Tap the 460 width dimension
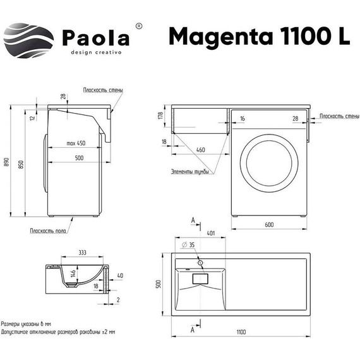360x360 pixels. point(200,150)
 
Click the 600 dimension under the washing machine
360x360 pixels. point(268,225)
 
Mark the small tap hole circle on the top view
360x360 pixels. point(200,261)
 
